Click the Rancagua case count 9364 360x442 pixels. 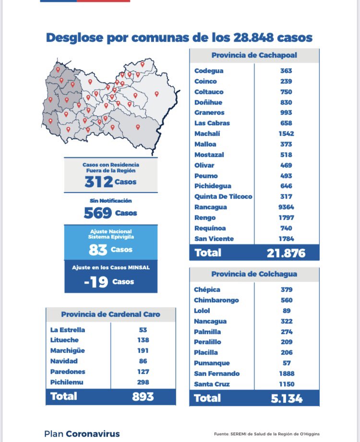point(287,207)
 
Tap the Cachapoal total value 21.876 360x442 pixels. point(286,253)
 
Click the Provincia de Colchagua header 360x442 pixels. point(254,274)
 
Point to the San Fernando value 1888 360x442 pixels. point(287,373)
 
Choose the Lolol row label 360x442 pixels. point(202,311)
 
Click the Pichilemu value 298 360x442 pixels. point(143,382)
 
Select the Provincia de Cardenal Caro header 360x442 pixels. point(110,314)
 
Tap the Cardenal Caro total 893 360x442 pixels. point(143,396)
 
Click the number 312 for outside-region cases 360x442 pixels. point(99,182)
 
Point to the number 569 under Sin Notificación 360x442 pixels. point(98,213)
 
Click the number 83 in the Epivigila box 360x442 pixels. point(98,250)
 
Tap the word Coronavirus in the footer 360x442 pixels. point(93,434)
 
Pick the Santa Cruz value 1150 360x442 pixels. point(287,384)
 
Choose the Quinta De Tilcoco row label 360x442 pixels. point(223,197)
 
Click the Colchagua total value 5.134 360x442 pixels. point(286,398)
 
